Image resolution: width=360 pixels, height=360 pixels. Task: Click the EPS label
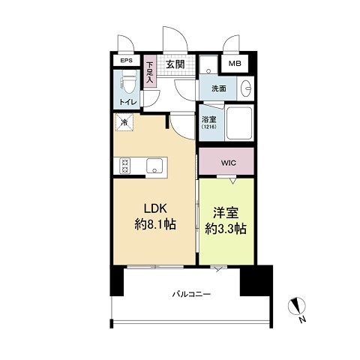tap(127, 61)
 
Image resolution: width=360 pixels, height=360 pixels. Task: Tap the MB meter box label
tap(235, 64)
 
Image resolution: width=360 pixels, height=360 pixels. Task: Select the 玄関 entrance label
tap(175, 64)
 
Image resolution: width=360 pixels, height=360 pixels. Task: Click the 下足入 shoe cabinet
tap(150, 71)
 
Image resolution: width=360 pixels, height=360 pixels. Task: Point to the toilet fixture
tap(128, 80)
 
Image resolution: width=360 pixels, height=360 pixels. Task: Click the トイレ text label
tap(128, 102)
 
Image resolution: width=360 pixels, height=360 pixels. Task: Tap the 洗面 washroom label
tap(219, 88)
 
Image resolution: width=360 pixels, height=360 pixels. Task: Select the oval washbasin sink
tap(246, 88)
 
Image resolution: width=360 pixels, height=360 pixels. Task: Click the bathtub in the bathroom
tap(239, 123)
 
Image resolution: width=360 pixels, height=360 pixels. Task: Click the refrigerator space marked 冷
tap(124, 122)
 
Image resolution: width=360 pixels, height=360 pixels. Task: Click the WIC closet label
tap(228, 163)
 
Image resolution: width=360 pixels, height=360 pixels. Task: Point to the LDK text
tap(155, 208)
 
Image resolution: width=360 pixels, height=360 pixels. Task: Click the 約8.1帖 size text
tap(155, 224)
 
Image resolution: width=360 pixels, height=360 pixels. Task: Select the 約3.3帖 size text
tap(226, 229)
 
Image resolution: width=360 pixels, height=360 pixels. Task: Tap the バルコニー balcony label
tap(191, 294)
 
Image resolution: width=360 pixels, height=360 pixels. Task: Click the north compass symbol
tap(297, 307)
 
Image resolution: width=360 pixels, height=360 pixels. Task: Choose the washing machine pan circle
tap(208, 72)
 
